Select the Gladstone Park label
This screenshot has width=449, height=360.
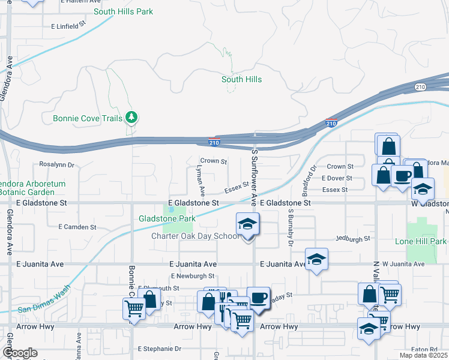coord(167,219)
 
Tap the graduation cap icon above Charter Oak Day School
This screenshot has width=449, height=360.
coord(247,224)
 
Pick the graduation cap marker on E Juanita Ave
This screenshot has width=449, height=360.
coord(316,259)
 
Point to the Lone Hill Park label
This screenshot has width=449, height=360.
coord(421,241)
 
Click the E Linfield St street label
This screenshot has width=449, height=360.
coord(69,27)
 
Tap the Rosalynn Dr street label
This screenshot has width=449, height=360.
coord(56,164)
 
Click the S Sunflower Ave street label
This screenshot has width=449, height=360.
coord(255,175)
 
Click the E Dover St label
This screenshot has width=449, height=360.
coord(337,178)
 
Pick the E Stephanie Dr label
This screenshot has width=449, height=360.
coord(160,349)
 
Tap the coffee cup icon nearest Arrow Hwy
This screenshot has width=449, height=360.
coord(258,298)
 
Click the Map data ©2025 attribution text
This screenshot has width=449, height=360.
coord(423,355)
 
